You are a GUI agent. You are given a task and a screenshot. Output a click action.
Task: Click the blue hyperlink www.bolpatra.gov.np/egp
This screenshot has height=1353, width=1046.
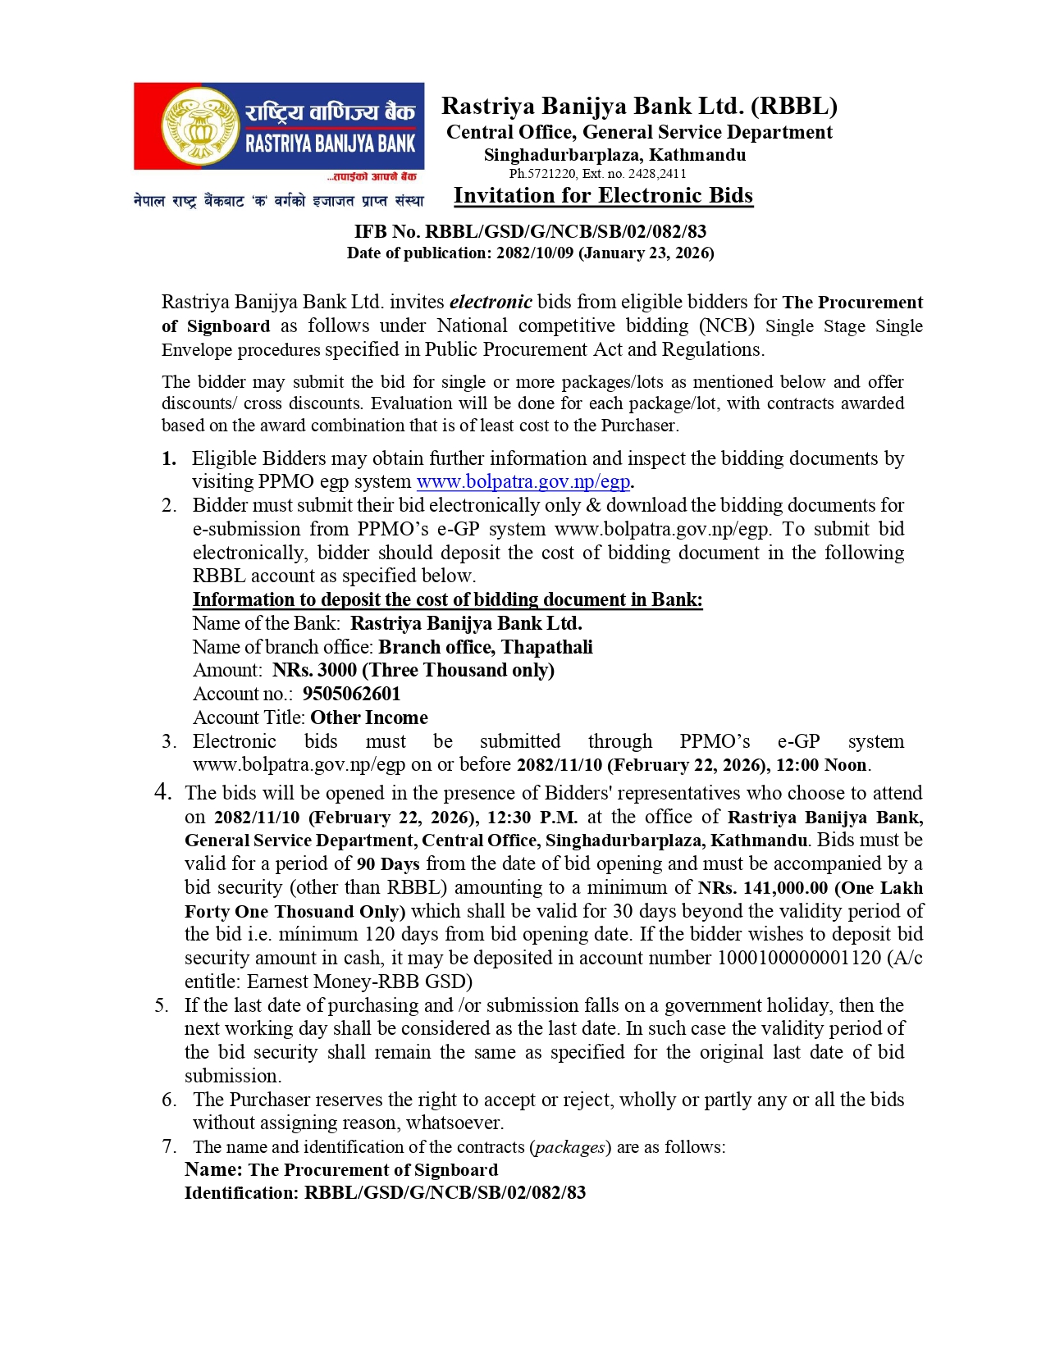(523, 481)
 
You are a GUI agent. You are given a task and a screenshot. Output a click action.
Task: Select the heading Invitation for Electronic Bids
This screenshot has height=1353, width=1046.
(603, 195)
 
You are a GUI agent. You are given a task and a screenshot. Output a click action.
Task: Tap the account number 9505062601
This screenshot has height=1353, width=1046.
(351, 694)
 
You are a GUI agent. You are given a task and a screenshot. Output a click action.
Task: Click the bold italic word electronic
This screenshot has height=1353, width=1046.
(491, 302)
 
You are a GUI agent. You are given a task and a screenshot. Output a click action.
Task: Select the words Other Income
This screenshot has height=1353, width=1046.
(369, 717)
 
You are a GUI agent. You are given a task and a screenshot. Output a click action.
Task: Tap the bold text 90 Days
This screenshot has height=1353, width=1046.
(388, 863)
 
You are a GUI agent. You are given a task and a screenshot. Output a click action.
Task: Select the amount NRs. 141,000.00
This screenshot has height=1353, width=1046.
(763, 887)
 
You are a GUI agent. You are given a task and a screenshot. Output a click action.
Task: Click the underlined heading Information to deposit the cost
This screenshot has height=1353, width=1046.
(447, 599)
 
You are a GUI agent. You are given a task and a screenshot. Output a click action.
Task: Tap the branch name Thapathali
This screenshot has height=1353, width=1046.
(547, 647)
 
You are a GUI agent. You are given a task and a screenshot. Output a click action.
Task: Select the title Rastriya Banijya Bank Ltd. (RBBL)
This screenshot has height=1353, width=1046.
(639, 107)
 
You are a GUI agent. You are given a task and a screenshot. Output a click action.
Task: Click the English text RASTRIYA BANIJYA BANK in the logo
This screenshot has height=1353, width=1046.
(331, 144)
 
